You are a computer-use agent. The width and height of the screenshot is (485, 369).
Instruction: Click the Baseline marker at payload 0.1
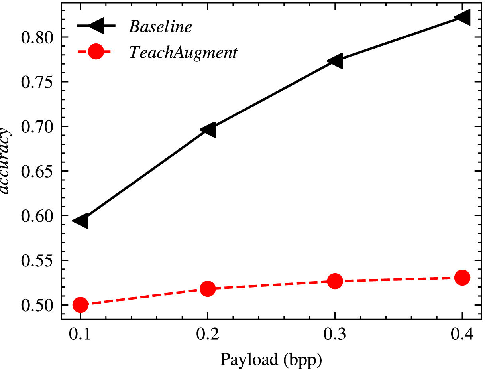pos(81,221)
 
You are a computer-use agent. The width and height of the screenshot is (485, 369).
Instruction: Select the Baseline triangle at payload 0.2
pos(208,130)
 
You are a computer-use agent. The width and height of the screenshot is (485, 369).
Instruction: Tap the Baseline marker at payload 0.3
pos(335,61)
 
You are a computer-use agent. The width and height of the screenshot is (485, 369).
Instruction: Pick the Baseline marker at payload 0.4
pos(462,17)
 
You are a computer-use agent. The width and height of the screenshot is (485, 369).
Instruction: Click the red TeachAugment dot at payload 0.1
pos(81,305)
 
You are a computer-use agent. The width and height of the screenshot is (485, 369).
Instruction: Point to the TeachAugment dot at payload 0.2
pos(208,288)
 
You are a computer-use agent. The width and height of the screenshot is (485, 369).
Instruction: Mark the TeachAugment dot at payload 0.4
pos(462,277)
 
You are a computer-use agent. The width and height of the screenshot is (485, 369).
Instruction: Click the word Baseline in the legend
pos(160,27)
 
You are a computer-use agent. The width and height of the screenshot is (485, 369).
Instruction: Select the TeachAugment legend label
pos(183,52)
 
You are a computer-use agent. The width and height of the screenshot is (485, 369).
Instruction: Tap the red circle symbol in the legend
pos(96,51)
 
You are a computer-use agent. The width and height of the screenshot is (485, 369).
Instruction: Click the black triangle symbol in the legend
pos(96,26)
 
